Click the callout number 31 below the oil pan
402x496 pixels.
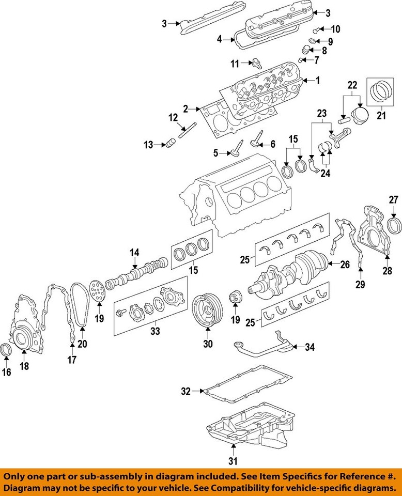coord(233,461)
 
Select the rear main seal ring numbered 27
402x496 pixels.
coord(394,226)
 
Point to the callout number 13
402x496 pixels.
coord(149,146)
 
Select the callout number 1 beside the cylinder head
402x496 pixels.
coord(318,80)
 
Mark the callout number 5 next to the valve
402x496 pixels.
coord(217,153)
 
